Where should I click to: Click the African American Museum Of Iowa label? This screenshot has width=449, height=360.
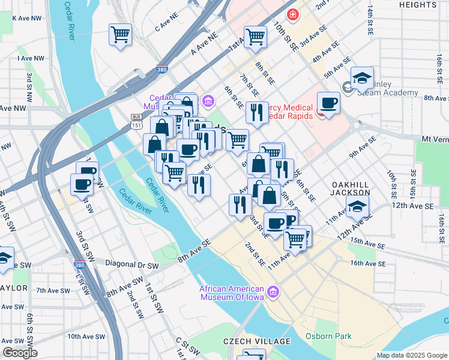pyautogui.click(x=234, y=291)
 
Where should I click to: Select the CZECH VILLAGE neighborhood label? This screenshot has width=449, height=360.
pyautogui.click(x=257, y=341)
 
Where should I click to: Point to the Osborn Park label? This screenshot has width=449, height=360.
pyautogui.click(x=328, y=336)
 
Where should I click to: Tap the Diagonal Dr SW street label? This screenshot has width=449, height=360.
pyautogui.click(x=132, y=264)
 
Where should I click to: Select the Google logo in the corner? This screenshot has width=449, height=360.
pyautogui.click(x=20, y=353)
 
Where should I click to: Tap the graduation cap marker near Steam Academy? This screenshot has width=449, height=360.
pyautogui.click(x=363, y=78)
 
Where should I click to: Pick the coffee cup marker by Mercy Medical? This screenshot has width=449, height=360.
pyautogui.click(x=328, y=103)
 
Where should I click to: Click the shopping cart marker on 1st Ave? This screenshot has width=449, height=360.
pyautogui.click(x=256, y=37)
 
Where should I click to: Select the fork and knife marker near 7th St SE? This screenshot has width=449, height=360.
pyautogui.click(x=257, y=113)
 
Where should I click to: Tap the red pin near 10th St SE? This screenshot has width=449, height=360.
pyautogui.click(x=292, y=14)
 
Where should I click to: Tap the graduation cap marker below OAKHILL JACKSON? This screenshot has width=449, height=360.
pyautogui.click(x=357, y=208)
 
